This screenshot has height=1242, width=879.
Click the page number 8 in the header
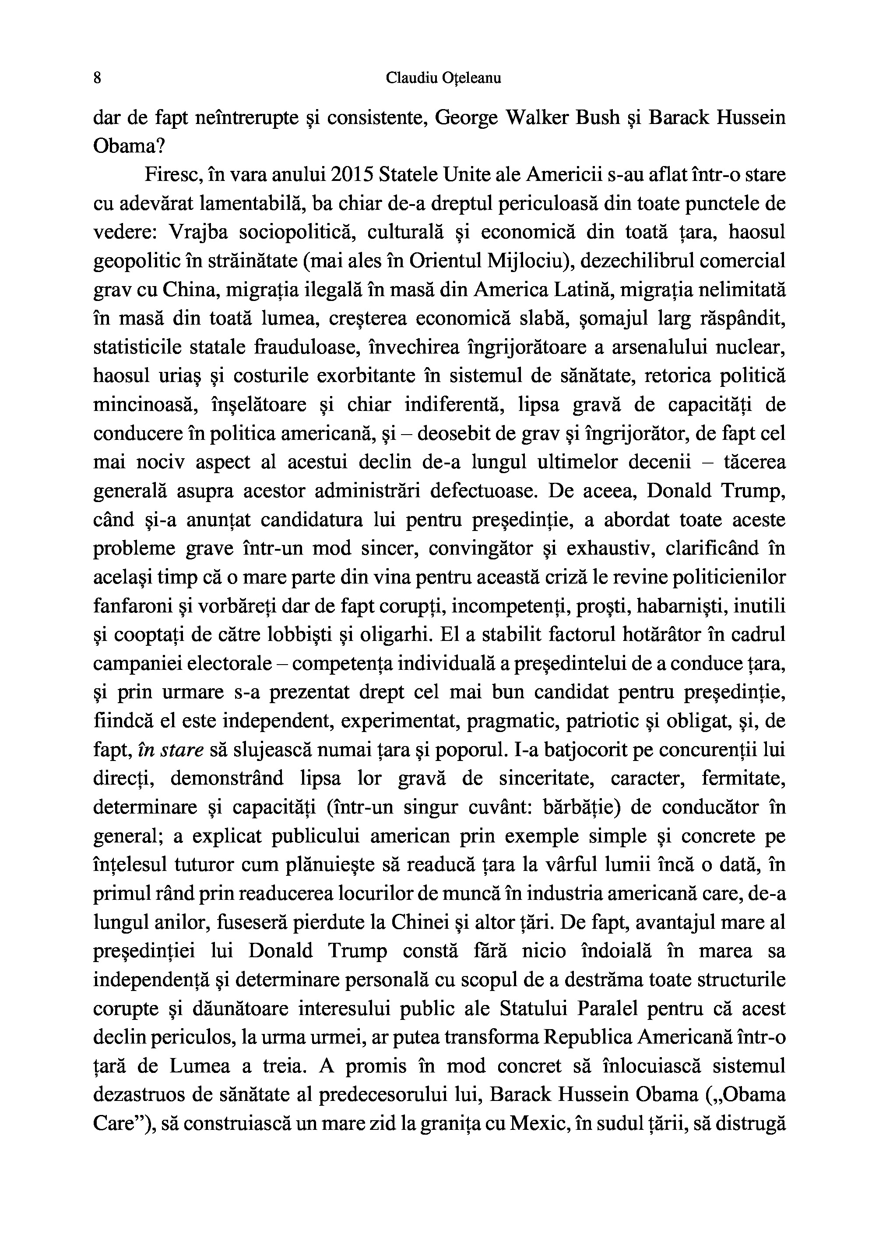point(98,78)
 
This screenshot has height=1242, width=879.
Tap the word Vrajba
point(198,234)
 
